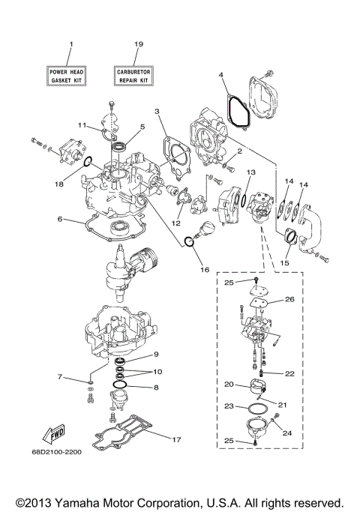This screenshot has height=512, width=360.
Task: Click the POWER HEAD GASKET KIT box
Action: [x=70, y=73]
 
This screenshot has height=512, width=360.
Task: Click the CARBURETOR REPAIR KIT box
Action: [x=137, y=73]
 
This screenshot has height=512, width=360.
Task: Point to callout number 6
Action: [x=58, y=220]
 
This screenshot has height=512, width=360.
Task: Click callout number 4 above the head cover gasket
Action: [x=222, y=74]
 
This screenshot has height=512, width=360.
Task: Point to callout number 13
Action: [x=251, y=172]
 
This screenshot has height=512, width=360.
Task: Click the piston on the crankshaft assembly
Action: [x=144, y=263]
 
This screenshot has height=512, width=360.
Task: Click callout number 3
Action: [x=157, y=112]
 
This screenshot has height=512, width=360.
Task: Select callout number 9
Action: [x=157, y=354]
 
